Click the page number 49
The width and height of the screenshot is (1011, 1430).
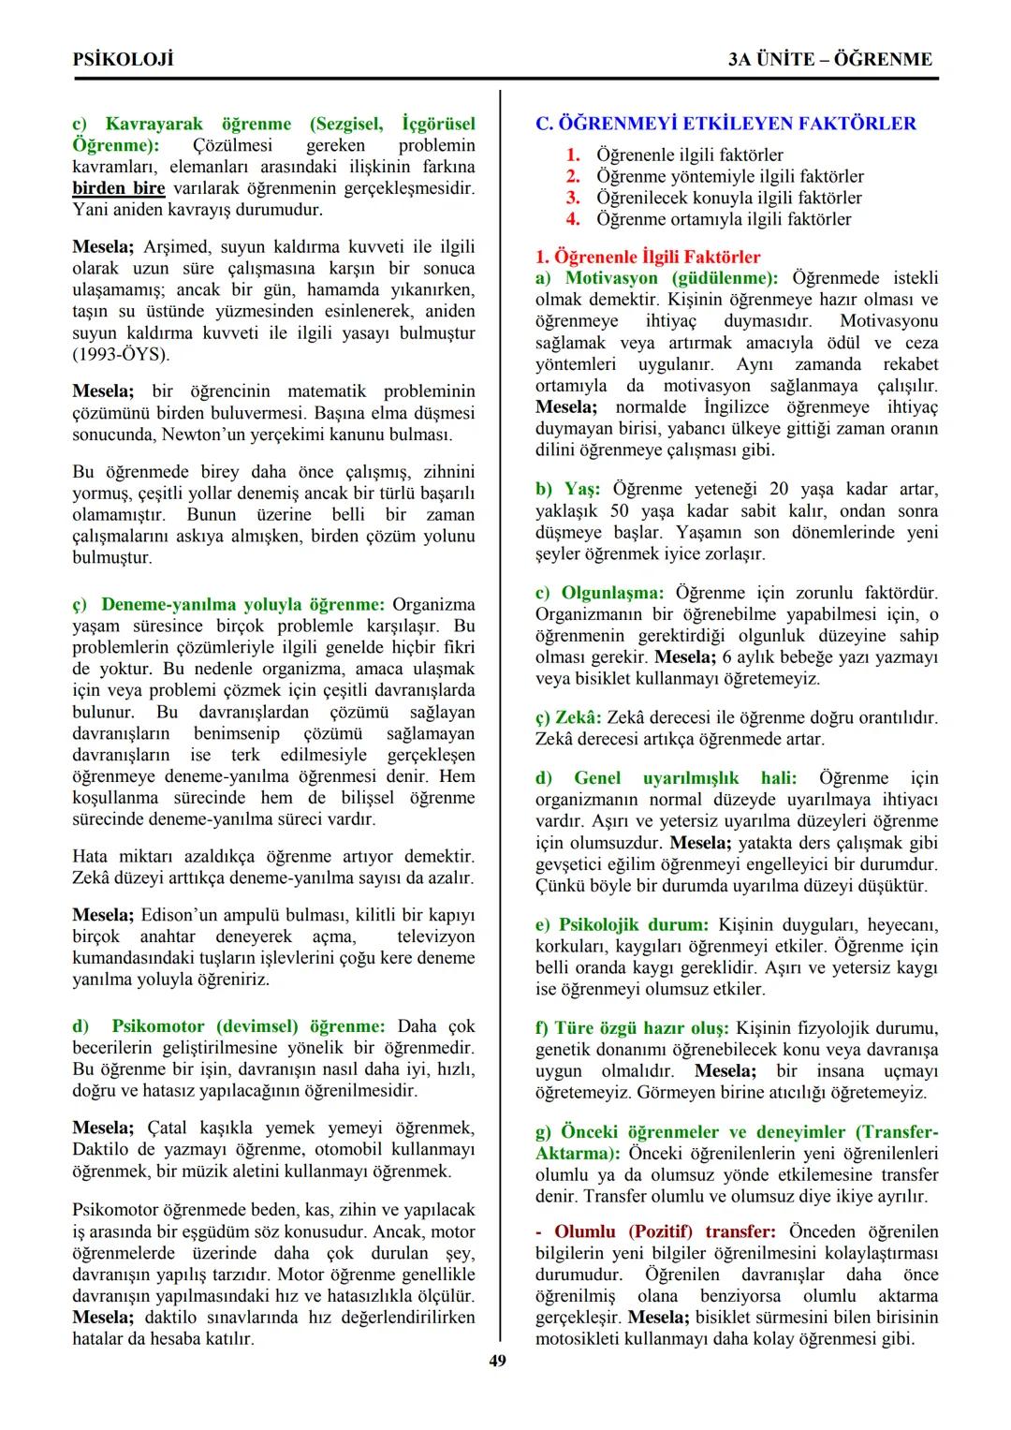(x=497, y=1361)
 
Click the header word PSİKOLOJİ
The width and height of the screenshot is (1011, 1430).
(x=123, y=59)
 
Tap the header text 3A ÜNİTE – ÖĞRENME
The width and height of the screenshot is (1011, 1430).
(x=830, y=59)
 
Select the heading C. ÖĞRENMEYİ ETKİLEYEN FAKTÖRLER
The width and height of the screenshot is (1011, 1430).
(x=725, y=124)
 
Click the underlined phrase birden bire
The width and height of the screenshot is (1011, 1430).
(x=119, y=188)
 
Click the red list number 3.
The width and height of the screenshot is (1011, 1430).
(x=573, y=198)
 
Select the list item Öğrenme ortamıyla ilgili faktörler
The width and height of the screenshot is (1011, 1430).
(x=723, y=219)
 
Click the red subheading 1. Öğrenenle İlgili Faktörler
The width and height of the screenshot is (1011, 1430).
(x=648, y=257)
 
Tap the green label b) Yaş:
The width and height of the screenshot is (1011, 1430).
(x=567, y=489)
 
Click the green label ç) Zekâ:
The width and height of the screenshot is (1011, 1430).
(x=568, y=718)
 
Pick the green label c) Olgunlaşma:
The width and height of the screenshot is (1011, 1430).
(x=599, y=593)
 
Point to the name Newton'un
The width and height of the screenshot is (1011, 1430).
(x=201, y=435)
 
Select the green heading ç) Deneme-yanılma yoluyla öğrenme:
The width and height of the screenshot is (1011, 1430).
(x=228, y=604)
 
